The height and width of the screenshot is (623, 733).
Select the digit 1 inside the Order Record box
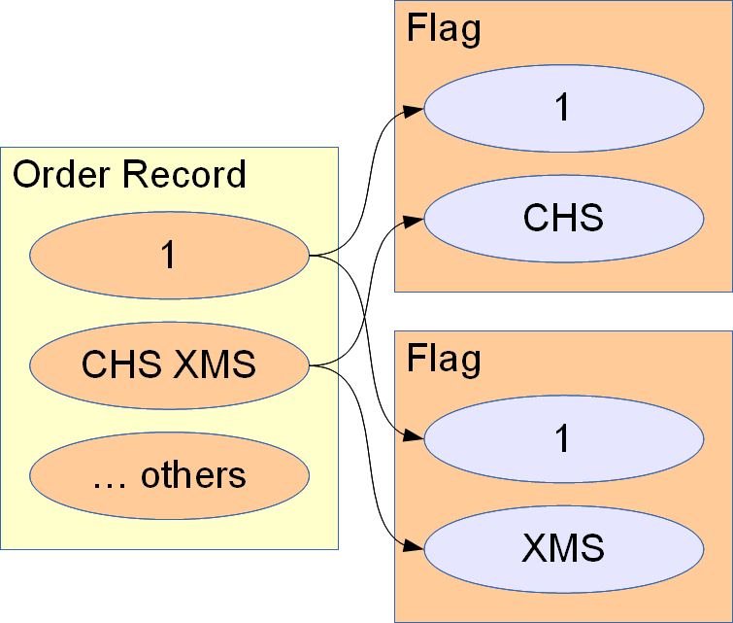pos(169,256)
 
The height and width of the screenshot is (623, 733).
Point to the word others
pos(193,475)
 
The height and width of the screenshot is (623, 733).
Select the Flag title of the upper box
pos(444,29)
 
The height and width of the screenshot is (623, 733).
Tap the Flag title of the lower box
pos(444,360)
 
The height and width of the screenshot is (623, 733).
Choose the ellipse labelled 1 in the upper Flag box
pos(563,109)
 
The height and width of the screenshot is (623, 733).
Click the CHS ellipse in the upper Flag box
pos(563,219)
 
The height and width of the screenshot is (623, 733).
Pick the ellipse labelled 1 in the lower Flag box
pos(563,439)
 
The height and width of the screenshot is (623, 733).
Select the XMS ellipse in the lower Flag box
pos(563,549)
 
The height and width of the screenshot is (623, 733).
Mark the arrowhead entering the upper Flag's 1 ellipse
pos(416,110)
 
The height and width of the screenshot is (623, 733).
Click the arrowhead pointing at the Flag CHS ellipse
pos(416,220)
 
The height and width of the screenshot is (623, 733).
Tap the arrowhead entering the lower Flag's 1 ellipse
pos(416,439)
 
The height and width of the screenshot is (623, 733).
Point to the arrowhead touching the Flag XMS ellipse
pos(416,549)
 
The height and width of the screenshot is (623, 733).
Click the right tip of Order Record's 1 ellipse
pos(309,256)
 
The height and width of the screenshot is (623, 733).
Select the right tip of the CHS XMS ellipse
pos(309,365)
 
